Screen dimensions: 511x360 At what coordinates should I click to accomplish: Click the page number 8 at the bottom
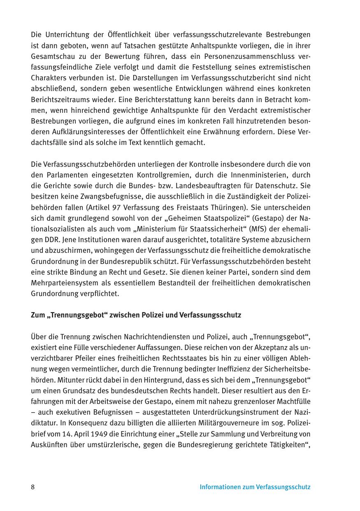tap(33, 487)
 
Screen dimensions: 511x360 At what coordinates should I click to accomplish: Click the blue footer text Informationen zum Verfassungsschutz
tap(255, 487)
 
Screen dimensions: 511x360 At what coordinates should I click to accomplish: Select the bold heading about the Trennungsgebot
tap(136, 315)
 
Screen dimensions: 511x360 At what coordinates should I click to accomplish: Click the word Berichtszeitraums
tap(57, 99)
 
